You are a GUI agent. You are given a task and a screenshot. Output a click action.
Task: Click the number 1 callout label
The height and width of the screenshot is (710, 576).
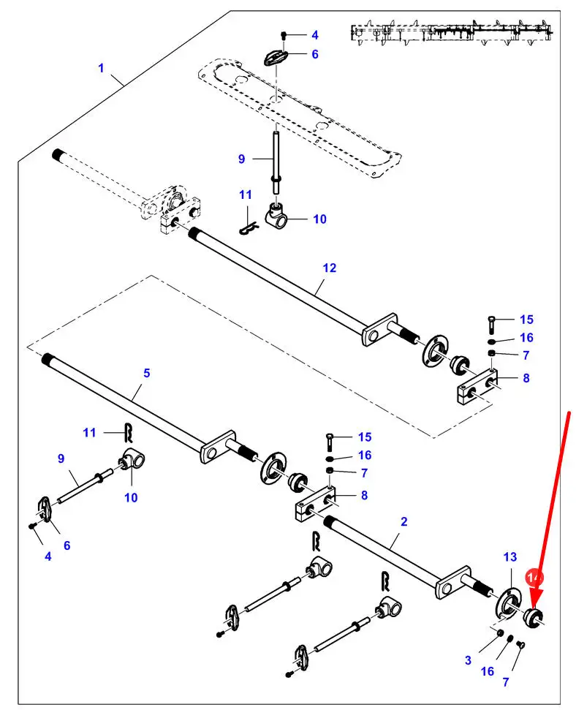tap(102, 69)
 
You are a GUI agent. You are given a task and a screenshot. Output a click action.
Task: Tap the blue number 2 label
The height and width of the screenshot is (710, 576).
tap(404, 521)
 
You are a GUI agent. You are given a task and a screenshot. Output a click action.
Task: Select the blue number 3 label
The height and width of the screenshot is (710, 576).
tap(468, 660)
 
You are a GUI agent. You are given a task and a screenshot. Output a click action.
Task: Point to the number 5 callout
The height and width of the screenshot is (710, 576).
tap(147, 373)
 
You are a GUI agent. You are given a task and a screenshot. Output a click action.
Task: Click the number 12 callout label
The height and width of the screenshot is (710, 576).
tap(330, 268)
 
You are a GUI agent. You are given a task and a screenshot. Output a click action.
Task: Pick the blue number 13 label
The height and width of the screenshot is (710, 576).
tap(510, 557)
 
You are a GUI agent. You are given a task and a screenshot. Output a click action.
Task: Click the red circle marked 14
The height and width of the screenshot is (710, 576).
tap(536, 578)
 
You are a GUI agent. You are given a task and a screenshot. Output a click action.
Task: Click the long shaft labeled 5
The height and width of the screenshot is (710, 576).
tap(124, 403)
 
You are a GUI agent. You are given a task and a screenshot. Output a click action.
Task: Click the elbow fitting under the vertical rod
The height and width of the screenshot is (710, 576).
tap(278, 215)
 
